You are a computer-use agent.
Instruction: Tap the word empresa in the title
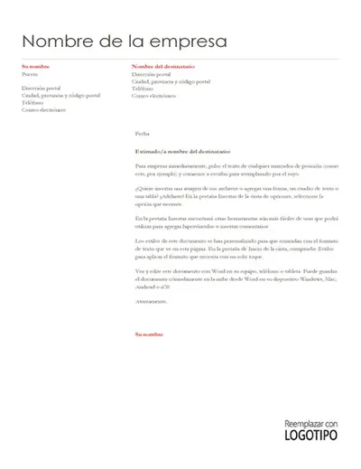coord(187,42)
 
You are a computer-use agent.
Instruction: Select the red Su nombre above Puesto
coord(36,67)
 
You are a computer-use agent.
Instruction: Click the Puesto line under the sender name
coord(31,73)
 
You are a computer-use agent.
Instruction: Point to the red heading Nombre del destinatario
coord(164,67)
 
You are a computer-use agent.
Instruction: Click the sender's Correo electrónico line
coord(45,108)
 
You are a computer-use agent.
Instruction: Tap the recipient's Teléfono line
coord(143,88)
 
